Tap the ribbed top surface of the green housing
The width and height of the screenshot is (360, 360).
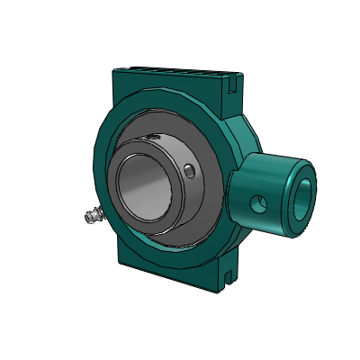click(x=171, y=72)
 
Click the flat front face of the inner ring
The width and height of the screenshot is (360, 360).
click(x=121, y=193)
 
